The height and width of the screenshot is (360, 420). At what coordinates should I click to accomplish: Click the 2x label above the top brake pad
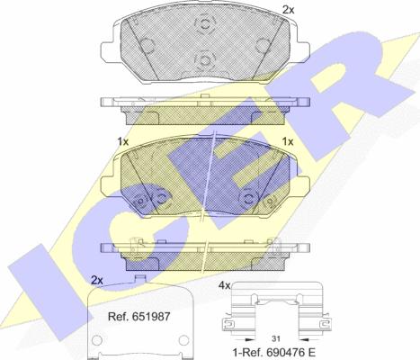click(x=289, y=10)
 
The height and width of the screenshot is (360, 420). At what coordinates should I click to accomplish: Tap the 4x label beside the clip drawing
click(x=224, y=286)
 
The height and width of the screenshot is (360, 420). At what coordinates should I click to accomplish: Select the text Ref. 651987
click(x=139, y=317)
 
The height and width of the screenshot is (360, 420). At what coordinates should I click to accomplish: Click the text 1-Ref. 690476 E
click(x=274, y=352)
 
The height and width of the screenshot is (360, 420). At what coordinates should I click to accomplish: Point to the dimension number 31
click(x=276, y=338)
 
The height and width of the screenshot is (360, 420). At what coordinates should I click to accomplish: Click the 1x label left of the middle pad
click(x=123, y=141)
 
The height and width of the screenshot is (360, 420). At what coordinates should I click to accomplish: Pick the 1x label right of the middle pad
click(x=288, y=141)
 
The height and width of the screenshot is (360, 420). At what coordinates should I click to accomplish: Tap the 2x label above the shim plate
click(x=97, y=281)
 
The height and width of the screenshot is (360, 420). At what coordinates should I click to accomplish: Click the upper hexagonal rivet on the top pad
click(x=205, y=23)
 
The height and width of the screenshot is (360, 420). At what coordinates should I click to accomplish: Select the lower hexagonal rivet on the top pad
click(x=205, y=60)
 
